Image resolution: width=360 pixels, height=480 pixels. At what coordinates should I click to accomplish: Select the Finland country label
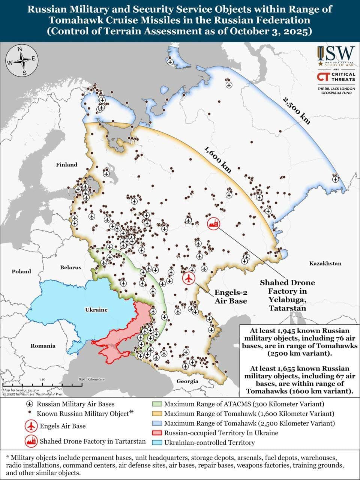(x=66, y=165)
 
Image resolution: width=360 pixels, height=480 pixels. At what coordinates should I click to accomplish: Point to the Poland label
(x=21, y=271)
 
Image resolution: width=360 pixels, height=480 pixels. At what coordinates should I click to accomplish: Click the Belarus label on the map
(x=70, y=267)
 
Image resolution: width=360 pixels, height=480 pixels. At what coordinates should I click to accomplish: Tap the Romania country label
(x=43, y=346)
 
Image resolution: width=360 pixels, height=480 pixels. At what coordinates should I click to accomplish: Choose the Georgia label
(x=187, y=381)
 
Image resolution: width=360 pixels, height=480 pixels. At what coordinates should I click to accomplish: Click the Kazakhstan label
(x=325, y=263)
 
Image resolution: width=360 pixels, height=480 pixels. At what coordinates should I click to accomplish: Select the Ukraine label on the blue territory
(x=96, y=310)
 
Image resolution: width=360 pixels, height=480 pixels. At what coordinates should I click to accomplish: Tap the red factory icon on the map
(x=214, y=224)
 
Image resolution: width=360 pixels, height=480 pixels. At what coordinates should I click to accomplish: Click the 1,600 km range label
(x=217, y=159)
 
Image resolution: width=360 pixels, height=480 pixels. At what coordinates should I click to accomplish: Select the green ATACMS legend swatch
(x=157, y=404)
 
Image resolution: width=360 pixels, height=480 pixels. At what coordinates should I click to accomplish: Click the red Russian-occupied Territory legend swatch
(x=157, y=433)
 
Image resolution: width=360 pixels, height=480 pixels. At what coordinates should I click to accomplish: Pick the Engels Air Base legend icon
(x=31, y=426)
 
